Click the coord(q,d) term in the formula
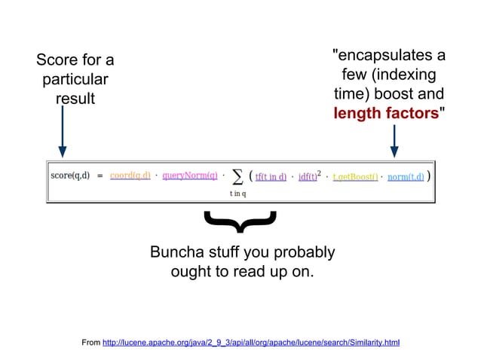tap(130, 176)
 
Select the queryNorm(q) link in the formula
tap(190, 176)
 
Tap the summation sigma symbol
tap(237, 176)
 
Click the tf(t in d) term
tap(271, 177)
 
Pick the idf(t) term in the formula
tap(308, 177)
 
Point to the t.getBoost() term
tap(355, 177)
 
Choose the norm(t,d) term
tap(405, 177)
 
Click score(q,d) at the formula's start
tap(70, 176)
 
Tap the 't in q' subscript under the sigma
tap(238, 193)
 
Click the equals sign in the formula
tap(100, 176)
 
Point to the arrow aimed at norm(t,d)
tap(394, 141)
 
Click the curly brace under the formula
tap(240, 220)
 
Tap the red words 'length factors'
tap(386, 114)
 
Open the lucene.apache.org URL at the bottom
tap(250, 343)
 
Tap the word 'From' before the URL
tap(90, 343)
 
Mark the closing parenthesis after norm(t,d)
tap(428, 176)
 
